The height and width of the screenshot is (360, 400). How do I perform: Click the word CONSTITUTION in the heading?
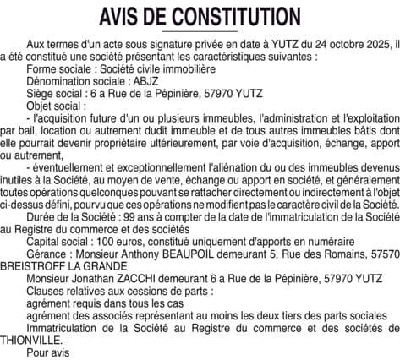tap(238, 17)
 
